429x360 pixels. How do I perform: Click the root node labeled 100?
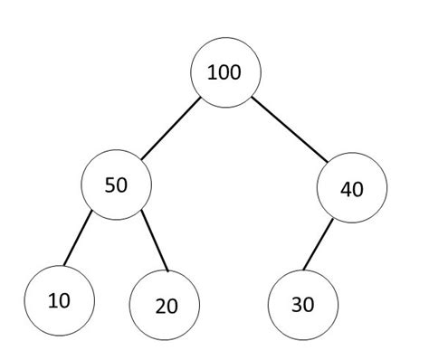click(x=225, y=73)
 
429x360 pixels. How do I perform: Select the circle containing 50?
click(x=116, y=185)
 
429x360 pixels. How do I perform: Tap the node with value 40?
click(x=352, y=189)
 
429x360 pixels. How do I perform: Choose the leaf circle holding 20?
click(x=165, y=305)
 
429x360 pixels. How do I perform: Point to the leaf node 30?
click(x=303, y=305)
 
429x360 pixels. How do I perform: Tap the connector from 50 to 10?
click(x=78, y=240)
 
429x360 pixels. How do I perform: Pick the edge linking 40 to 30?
click(x=319, y=245)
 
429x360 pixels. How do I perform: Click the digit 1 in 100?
click(x=212, y=73)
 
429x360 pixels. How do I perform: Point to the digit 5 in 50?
click(x=110, y=185)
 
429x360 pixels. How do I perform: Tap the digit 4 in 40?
click(x=345, y=189)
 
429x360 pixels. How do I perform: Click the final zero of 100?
click(x=236, y=73)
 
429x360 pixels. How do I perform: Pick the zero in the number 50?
click(x=122, y=185)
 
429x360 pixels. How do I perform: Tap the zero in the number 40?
click(x=357, y=189)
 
